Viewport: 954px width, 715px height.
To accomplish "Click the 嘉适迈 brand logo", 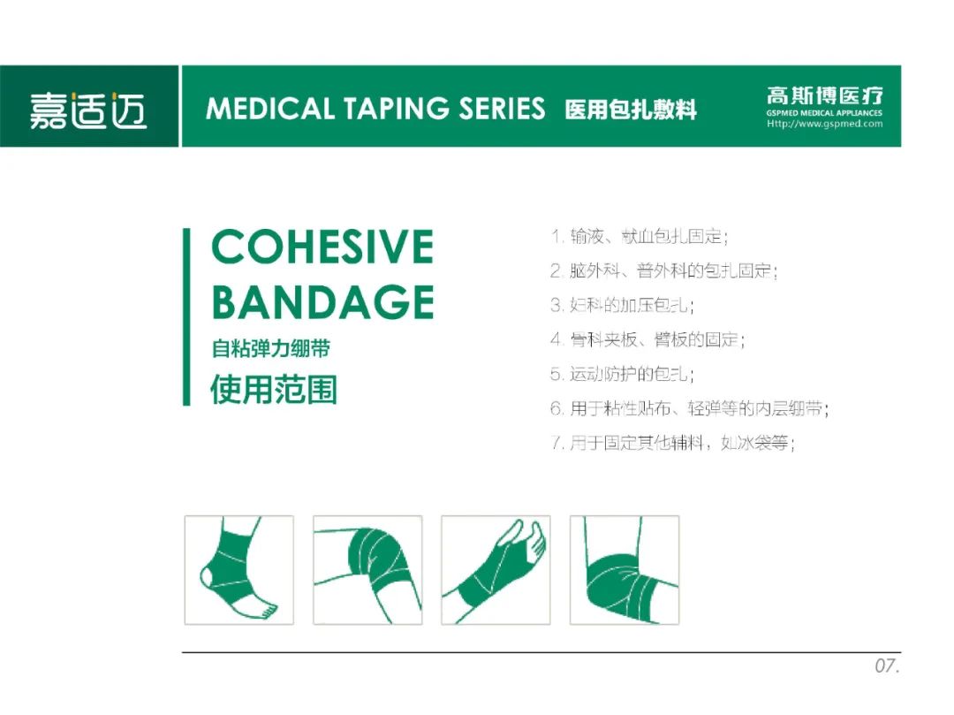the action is coord(88,110).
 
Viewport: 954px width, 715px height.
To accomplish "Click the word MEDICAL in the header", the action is coord(270,109).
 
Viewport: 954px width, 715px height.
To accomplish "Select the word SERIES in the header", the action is coord(502,109).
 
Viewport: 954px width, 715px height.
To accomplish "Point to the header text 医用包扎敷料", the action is coord(631,110).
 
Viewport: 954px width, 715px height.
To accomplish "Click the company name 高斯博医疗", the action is coord(824,95).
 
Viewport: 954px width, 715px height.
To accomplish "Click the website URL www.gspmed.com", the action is coord(824,124).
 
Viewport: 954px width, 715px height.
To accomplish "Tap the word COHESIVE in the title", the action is coord(322,247).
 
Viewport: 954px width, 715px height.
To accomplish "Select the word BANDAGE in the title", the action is coord(322,302).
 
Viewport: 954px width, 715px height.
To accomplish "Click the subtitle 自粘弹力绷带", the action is coord(271,349).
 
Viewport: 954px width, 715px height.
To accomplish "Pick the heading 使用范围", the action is coord(274,390).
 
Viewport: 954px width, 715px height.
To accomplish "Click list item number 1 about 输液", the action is coord(640,236).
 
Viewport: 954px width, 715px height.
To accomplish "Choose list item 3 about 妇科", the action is coord(622,305).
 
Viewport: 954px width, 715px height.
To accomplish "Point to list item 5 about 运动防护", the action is coord(622,374).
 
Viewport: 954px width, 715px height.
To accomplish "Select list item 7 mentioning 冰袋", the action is coord(673,443).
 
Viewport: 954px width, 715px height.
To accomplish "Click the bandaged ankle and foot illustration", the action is coord(239,570).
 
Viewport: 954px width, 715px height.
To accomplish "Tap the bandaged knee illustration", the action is coord(367,570).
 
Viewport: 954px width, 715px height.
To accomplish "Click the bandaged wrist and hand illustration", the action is coord(496,570).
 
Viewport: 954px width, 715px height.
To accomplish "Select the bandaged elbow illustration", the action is coord(625,570).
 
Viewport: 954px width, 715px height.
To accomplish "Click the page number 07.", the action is coord(887,666).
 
